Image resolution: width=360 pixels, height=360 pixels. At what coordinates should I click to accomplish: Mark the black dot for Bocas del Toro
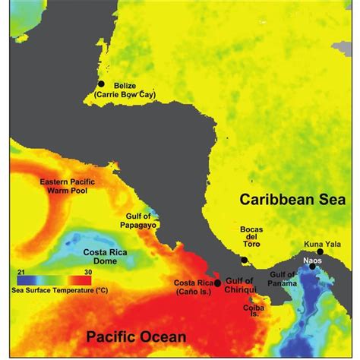(x=244, y=261)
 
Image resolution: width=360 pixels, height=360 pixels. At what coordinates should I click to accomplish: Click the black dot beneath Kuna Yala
(x=321, y=251)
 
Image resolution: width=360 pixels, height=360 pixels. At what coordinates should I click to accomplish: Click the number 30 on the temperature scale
(x=87, y=271)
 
